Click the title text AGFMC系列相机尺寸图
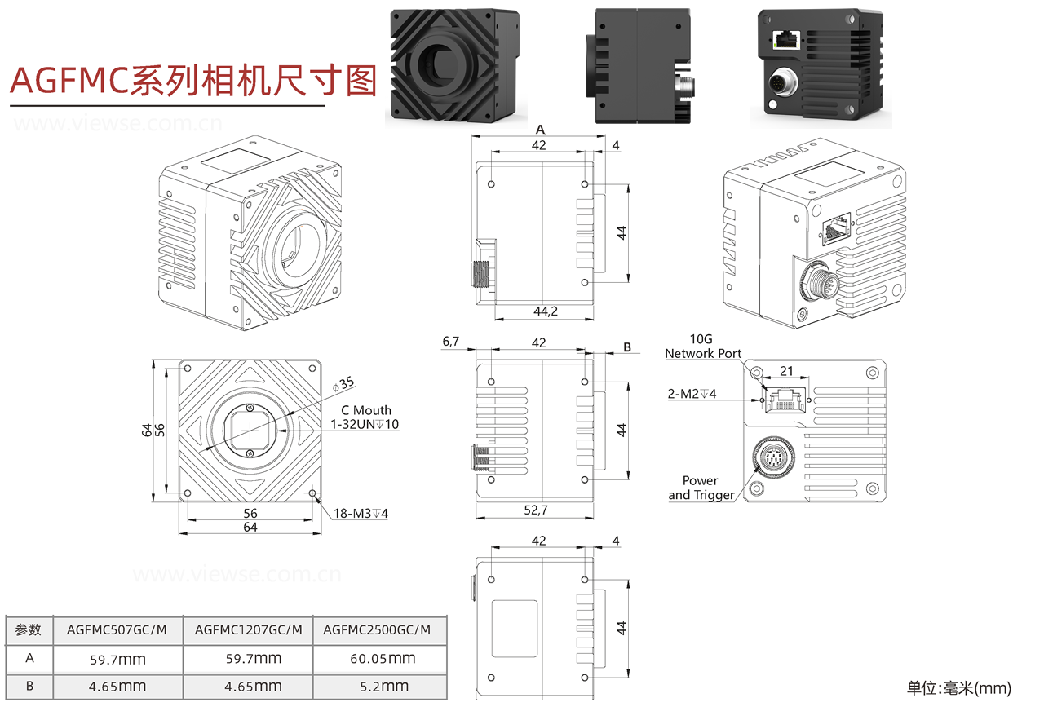click(x=193, y=81)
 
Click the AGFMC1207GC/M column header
click(x=248, y=629)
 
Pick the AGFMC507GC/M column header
click(x=117, y=629)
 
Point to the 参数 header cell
click(x=29, y=629)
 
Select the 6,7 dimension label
click(x=452, y=342)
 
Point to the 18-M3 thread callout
click(x=361, y=514)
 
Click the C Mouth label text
click(x=366, y=410)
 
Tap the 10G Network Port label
click(x=703, y=346)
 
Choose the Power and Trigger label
click(x=701, y=488)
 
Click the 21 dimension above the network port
click(x=786, y=371)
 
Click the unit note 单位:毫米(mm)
click(x=958, y=688)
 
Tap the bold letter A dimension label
click(x=540, y=130)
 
